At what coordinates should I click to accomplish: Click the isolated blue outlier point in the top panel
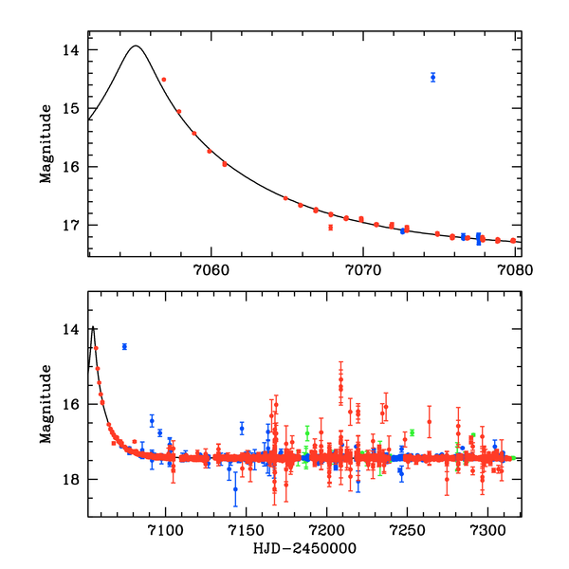click(x=432, y=77)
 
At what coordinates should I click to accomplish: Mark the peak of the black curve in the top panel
click(x=136, y=46)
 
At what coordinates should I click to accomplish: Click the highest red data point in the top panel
click(x=164, y=80)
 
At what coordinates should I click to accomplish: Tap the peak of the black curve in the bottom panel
click(x=93, y=327)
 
